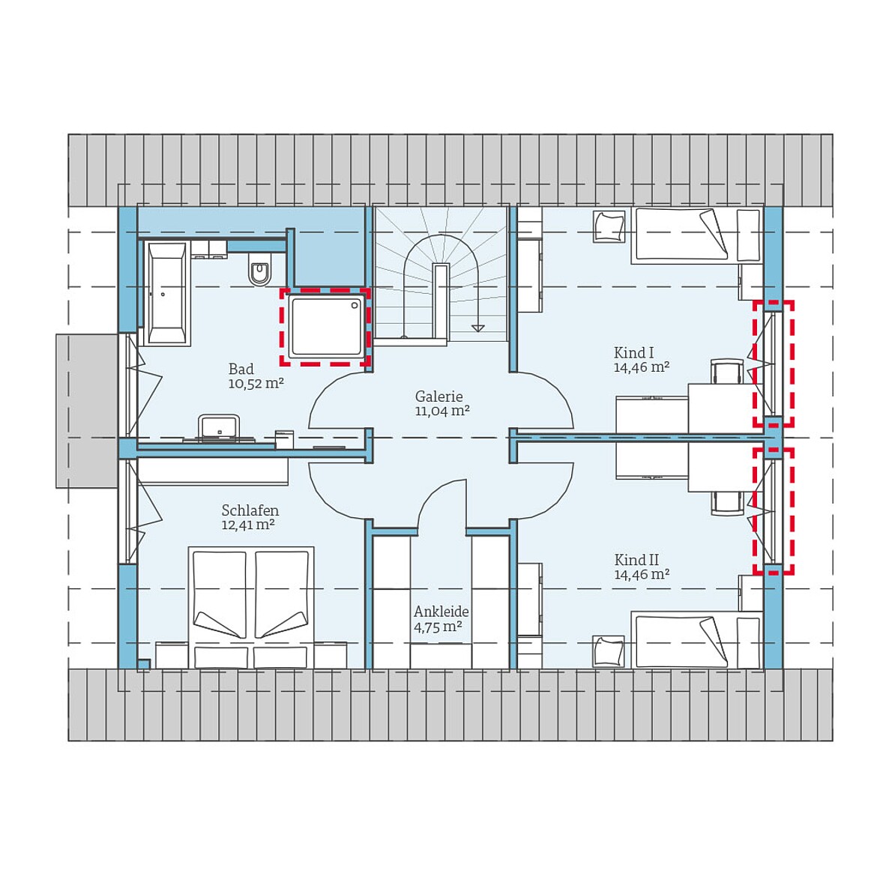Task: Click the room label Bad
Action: click(x=241, y=369)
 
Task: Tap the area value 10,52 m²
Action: click(x=256, y=384)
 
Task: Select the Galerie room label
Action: click(x=439, y=397)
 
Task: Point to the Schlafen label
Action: click(x=250, y=510)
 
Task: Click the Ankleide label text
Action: click(x=441, y=612)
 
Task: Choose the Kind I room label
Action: click(x=634, y=352)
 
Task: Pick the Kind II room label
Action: click(x=636, y=560)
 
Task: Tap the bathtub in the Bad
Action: click(x=166, y=293)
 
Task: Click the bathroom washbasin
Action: click(x=218, y=427)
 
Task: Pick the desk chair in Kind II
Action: click(x=727, y=502)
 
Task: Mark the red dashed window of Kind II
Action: click(x=774, y=511)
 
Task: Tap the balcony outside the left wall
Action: click(x=86, y=411)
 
